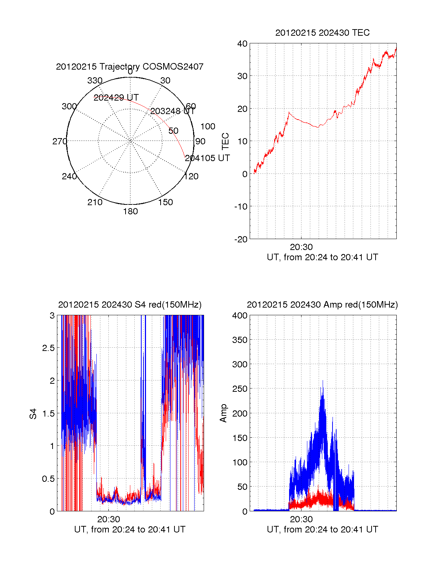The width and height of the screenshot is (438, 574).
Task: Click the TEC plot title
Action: tap(322, 33)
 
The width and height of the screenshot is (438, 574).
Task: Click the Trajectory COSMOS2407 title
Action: tap(130, 67)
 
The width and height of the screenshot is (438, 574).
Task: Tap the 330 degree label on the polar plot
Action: tap(95, 81)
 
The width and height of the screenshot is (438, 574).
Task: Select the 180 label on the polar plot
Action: tap(130, 211)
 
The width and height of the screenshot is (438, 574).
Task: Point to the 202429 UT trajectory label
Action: tap(116, 98)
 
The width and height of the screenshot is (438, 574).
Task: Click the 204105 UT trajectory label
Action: tap(207, 158)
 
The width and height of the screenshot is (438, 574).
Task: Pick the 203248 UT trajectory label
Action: tap(173, 111)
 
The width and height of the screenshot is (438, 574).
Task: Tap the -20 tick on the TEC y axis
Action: tap(241, 239)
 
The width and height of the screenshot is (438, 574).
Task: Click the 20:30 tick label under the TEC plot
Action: tap(301, 247)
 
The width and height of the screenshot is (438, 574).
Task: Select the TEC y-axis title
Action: tap(226, 141)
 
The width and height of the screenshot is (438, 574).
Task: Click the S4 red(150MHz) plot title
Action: tap(130, 305)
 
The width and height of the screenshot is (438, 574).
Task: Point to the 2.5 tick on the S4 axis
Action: tap(49, 348)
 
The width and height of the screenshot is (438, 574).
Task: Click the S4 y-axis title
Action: tap(33, 414)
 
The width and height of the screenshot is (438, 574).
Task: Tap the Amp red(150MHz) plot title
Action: tap(322, 305)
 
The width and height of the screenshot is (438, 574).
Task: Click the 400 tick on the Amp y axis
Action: tap(239, 316)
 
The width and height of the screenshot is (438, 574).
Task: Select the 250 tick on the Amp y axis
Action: tap(239, 389)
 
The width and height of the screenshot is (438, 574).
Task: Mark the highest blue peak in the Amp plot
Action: tap(323, 381)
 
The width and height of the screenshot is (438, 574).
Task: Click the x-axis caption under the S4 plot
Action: tap(130, 530)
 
